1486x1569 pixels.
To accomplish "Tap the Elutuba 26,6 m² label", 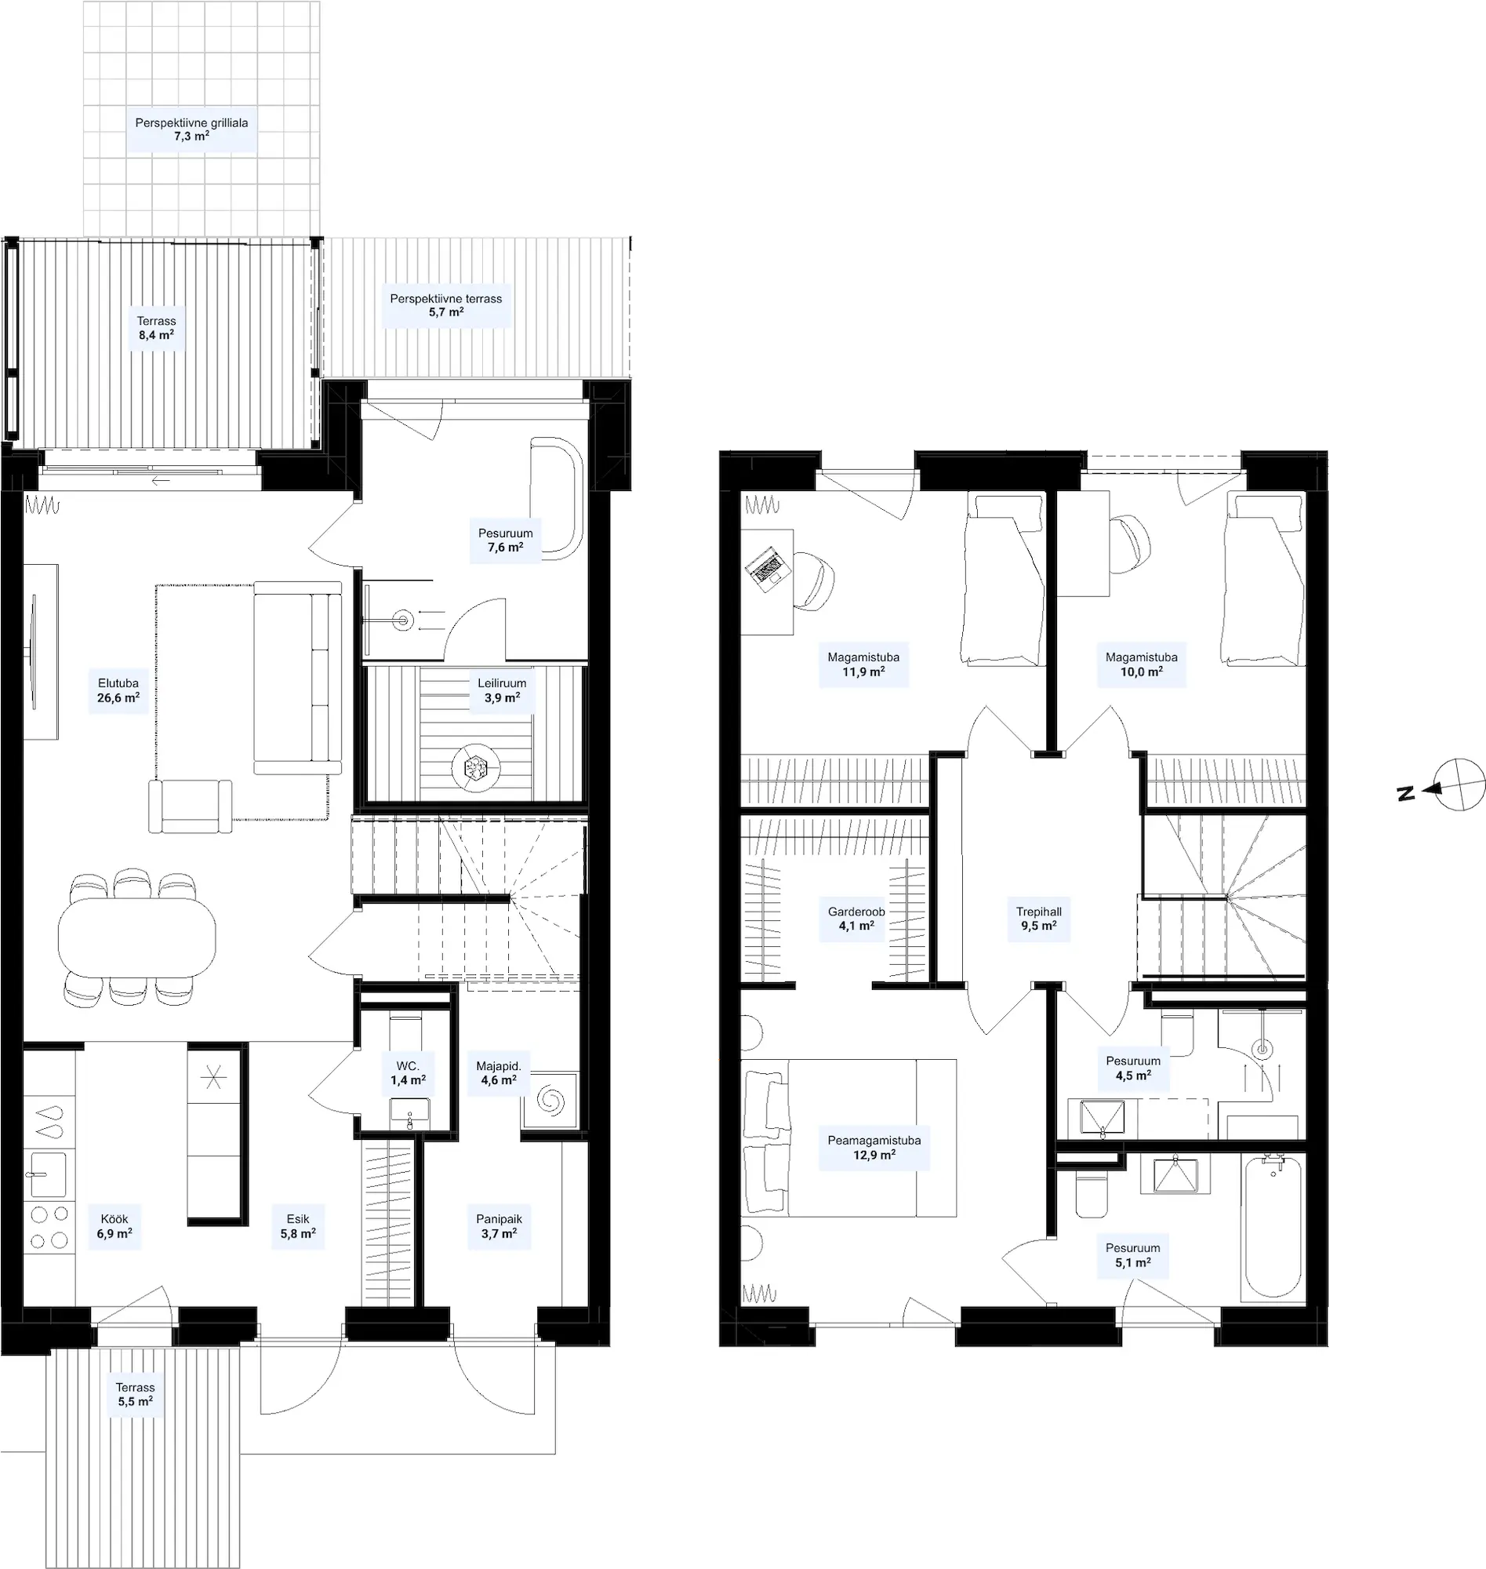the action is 118,690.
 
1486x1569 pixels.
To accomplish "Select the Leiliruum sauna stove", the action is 475,766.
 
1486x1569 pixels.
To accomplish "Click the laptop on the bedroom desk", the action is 767,566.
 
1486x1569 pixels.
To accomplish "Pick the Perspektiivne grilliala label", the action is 191,123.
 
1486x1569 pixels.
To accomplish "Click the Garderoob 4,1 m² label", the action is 856,919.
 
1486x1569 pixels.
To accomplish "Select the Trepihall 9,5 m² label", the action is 1038,919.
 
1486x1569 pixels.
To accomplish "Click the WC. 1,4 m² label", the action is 408,1073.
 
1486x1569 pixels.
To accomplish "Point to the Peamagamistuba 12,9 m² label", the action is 874,1148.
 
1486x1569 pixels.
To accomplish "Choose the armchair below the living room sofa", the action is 190,806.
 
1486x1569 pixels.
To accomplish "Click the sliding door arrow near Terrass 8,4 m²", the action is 161,480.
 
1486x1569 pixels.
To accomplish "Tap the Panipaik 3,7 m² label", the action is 499,1226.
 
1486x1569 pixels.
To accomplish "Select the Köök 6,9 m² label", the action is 114,1226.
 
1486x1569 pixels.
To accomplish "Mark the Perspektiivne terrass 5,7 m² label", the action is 446,305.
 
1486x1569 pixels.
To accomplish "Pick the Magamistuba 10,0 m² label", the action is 1142,664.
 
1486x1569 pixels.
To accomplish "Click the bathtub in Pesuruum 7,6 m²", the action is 557,498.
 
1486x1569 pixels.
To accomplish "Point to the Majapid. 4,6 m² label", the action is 499,1073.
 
